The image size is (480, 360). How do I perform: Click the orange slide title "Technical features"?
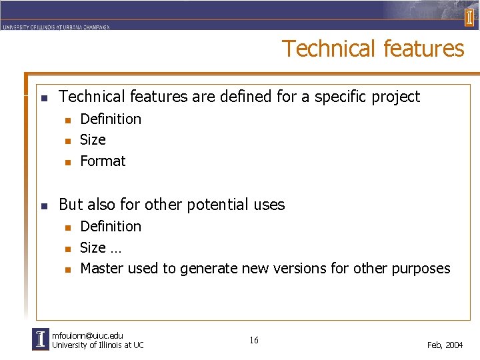373,49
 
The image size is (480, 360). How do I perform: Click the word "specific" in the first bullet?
341,97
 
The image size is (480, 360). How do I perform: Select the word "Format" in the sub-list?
103,161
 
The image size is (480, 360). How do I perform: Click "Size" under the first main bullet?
93,139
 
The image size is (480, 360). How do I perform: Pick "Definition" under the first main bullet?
111,119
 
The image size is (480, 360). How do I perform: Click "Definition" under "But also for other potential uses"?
111,226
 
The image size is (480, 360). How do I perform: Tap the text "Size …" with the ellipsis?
100,247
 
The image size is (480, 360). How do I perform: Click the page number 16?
254,341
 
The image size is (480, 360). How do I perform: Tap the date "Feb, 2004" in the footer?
445,345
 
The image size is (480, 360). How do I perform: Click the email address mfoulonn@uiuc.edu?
87,335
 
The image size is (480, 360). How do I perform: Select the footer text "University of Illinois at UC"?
97,345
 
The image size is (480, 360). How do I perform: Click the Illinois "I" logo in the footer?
40,339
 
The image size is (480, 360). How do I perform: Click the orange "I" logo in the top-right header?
469,17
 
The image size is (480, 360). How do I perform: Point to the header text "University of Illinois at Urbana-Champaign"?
55,27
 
